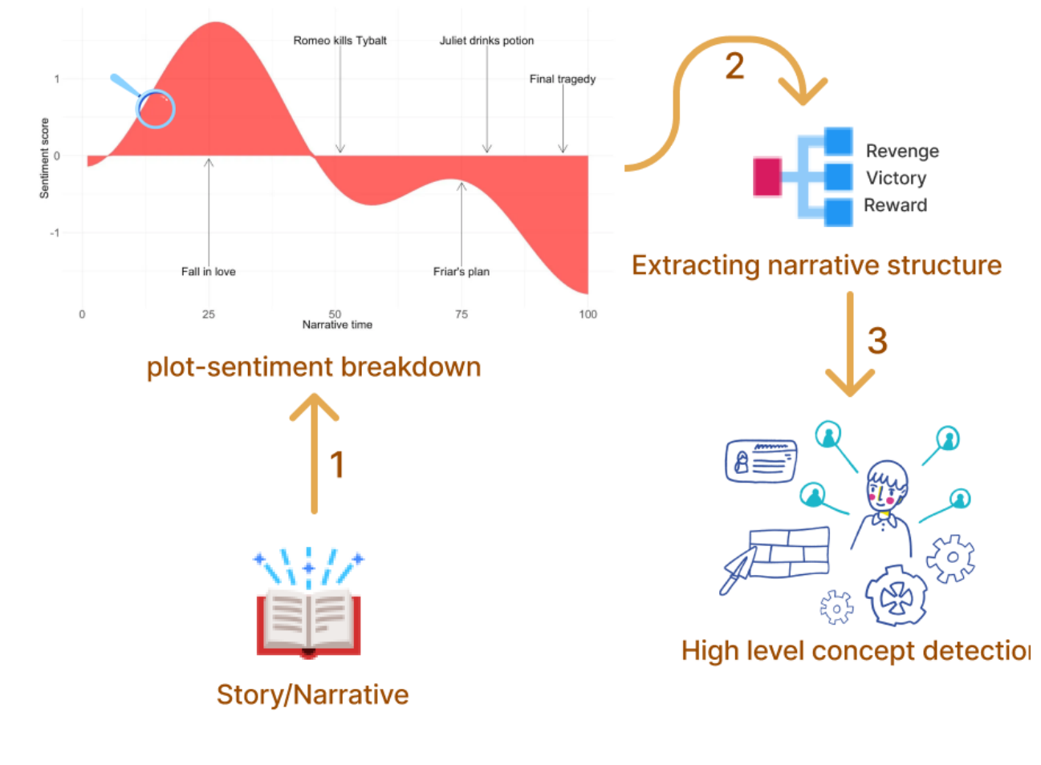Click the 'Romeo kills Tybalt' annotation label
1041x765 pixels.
[340, 40]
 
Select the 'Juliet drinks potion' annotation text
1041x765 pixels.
[486, 40]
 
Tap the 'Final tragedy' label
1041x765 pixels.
[562, 79]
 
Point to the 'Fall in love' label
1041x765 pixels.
[208, 271]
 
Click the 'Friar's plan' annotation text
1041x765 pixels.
[461, 271]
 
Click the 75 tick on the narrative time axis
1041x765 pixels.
[462, 314]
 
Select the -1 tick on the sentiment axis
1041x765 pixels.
[55, 233]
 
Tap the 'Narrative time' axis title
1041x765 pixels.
[337, 325]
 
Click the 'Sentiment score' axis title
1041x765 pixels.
[44, 158]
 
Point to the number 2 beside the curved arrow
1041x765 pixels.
[734, 67]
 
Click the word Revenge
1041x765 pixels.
[902, 151]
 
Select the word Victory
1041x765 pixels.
[896, 178]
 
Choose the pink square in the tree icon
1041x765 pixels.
[767, 177]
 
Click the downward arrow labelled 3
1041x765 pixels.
[849, 345]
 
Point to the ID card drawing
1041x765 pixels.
[761, 461]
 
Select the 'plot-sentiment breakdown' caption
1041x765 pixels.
[314, 366]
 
